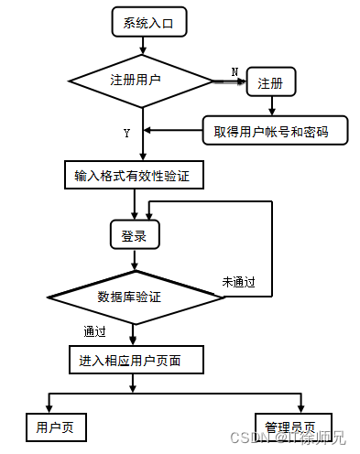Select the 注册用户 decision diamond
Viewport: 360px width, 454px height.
click(136, 81)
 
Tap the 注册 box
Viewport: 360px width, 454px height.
click(270, 83)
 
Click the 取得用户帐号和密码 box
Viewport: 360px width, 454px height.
click(277, 131)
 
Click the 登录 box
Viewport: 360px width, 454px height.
click(135, 235)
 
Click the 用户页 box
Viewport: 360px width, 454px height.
click(54, 427)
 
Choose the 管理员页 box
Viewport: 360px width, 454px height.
click(290, 427)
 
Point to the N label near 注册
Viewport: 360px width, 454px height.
click(235, 71)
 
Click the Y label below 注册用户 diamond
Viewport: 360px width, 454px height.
click(126, 134)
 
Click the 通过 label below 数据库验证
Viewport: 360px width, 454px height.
click(94, 331)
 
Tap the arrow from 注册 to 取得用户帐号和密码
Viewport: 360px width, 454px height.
click(271, 105)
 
